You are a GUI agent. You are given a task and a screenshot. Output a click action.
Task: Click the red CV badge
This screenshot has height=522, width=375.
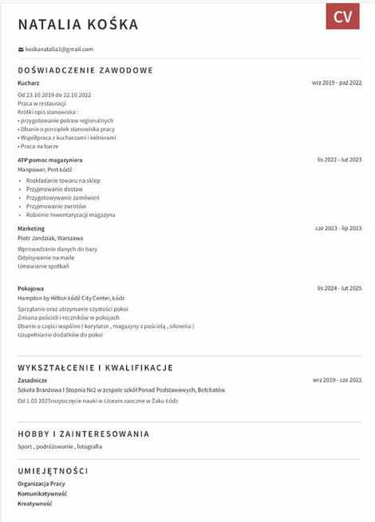(x=342, y=17)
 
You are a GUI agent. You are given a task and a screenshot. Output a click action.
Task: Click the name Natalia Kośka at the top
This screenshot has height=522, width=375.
(x=78, y=25)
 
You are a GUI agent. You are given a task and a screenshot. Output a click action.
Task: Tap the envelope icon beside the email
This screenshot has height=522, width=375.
(x=21, y=49)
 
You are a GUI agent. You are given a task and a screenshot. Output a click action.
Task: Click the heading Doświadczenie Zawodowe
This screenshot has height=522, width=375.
(x=85, y=70)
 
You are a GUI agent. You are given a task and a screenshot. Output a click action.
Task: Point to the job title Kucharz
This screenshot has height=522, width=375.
(x=29, y=82)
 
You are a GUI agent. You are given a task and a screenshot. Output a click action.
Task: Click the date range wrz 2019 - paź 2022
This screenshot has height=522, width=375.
(x=337, y=82)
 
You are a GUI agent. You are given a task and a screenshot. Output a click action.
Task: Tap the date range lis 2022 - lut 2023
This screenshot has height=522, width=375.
(x=339, y=160)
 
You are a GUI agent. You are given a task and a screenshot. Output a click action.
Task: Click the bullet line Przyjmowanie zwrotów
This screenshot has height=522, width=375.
(x=62, y=206)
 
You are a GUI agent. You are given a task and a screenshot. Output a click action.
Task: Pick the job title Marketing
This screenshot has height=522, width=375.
(x=31, y=228)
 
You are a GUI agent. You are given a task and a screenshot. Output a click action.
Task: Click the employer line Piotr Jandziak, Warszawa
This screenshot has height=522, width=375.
(x=50, y=238)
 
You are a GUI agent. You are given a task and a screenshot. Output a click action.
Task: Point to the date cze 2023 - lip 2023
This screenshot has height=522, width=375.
(x=338, y=228)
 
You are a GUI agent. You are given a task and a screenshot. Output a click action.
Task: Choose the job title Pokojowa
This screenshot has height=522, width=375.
(x=30, y=288)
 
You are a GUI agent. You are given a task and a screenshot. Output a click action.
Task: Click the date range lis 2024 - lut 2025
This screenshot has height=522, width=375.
(x=339, y=288)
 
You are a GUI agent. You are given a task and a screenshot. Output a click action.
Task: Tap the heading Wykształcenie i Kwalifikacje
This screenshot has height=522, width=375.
(x=95, y=368)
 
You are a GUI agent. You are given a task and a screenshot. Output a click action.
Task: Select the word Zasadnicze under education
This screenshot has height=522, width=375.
(x=33, y=380)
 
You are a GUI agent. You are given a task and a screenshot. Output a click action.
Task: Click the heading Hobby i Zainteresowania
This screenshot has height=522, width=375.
(x=83, y=434)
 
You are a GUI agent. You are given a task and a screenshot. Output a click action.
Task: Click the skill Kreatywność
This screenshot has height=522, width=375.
(x=35, y=504)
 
